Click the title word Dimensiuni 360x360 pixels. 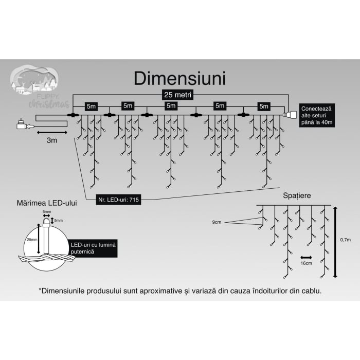coord(179,78)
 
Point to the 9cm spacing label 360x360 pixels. coord(216,222)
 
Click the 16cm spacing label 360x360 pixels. coord(306,263)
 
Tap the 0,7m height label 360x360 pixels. coord(346,240)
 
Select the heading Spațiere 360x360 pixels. coord(297,196)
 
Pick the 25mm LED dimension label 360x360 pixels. coord(32,240)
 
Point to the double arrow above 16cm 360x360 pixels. coord(307,256)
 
